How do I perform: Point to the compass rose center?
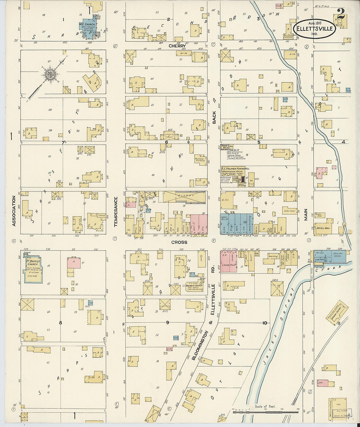(50, 74)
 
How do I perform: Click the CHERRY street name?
(177, 46)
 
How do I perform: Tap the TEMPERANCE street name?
(116, 212)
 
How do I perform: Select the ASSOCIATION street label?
(14, 211)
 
